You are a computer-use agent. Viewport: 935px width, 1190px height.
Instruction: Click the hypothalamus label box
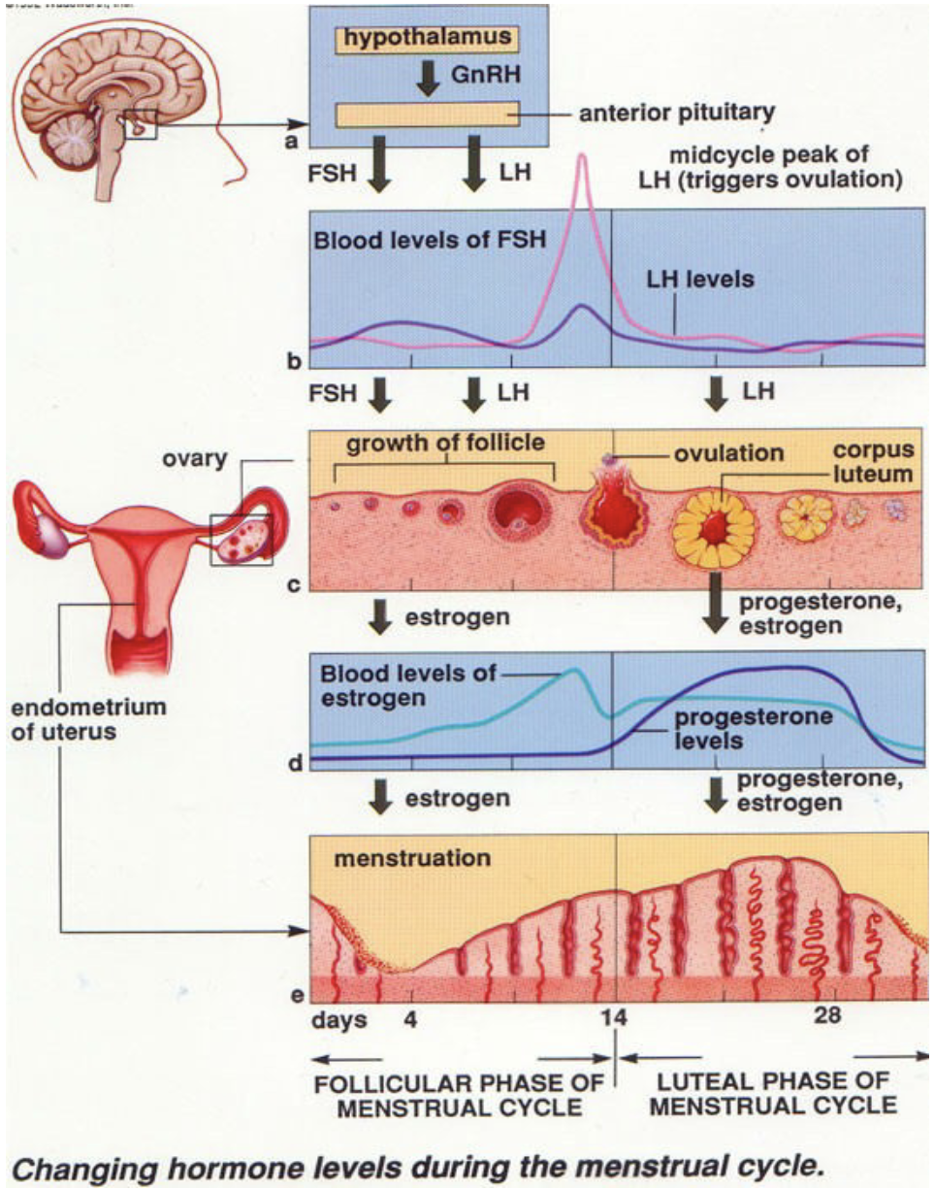[428, 39]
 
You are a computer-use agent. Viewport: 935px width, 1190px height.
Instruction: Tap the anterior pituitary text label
[659, 115]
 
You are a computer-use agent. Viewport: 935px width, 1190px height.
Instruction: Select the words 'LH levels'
[700, 279]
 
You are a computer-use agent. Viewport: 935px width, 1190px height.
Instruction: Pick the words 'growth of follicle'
[446, 443]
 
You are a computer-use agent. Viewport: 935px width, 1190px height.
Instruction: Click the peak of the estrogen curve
[576, 670]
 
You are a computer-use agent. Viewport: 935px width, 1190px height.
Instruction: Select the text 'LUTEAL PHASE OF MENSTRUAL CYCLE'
[772, 1094]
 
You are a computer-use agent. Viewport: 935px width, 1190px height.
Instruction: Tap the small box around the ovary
[242, 539]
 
